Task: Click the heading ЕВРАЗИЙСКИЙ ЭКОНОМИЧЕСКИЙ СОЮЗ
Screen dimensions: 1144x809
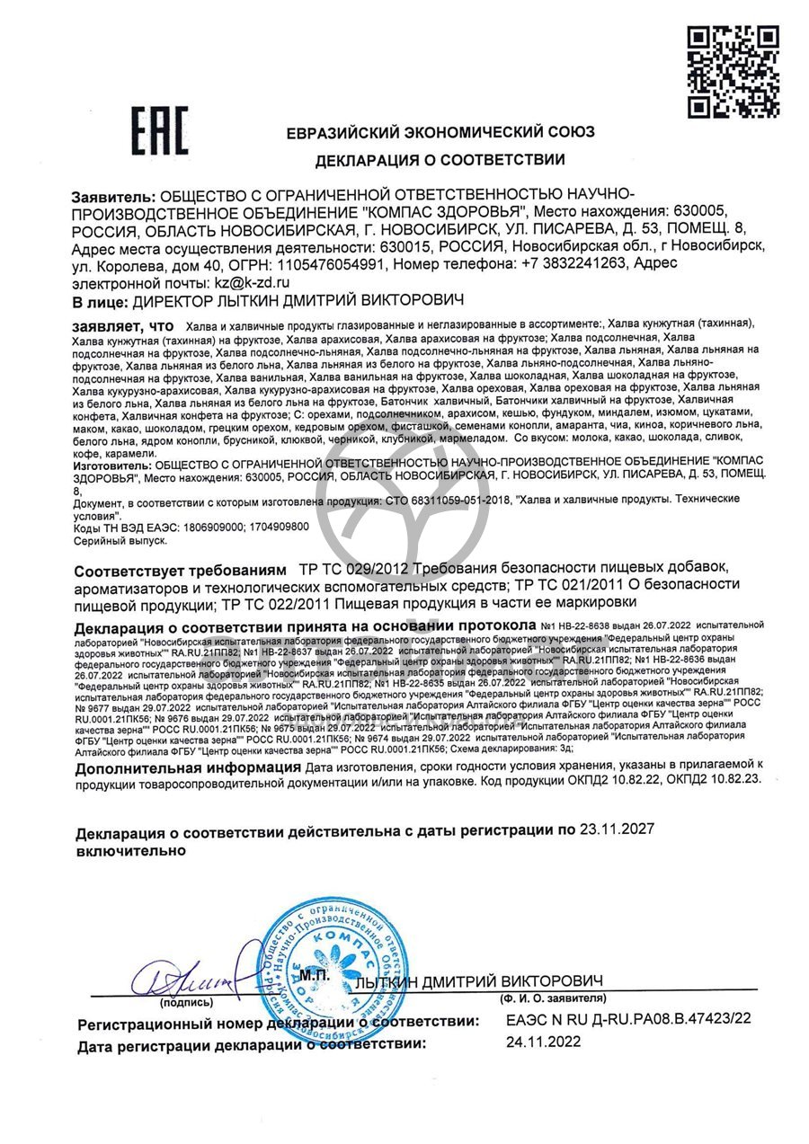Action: (x=440, y=132)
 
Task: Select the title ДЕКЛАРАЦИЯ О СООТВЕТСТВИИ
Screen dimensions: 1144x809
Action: (x=440, y=161)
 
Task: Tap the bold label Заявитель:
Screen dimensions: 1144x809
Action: (x=112, y=195)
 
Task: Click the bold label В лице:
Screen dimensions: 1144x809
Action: (x=100, y=300)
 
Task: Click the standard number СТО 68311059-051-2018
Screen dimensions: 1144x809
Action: (x=442, y=499)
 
